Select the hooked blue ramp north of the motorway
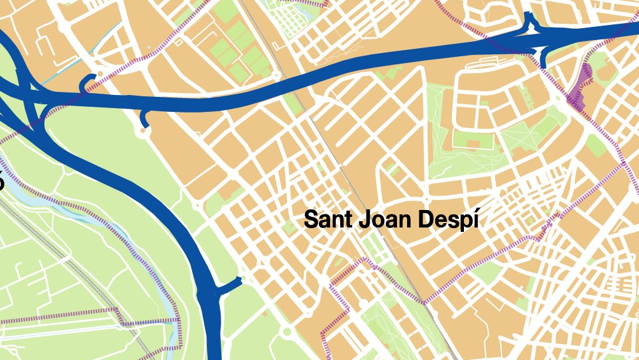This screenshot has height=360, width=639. click(88, 82)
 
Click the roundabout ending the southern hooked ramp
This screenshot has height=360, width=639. click(144, 131)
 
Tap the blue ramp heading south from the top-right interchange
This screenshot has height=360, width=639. click(545, 58)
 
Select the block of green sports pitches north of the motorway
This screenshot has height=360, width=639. click(235, 47)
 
